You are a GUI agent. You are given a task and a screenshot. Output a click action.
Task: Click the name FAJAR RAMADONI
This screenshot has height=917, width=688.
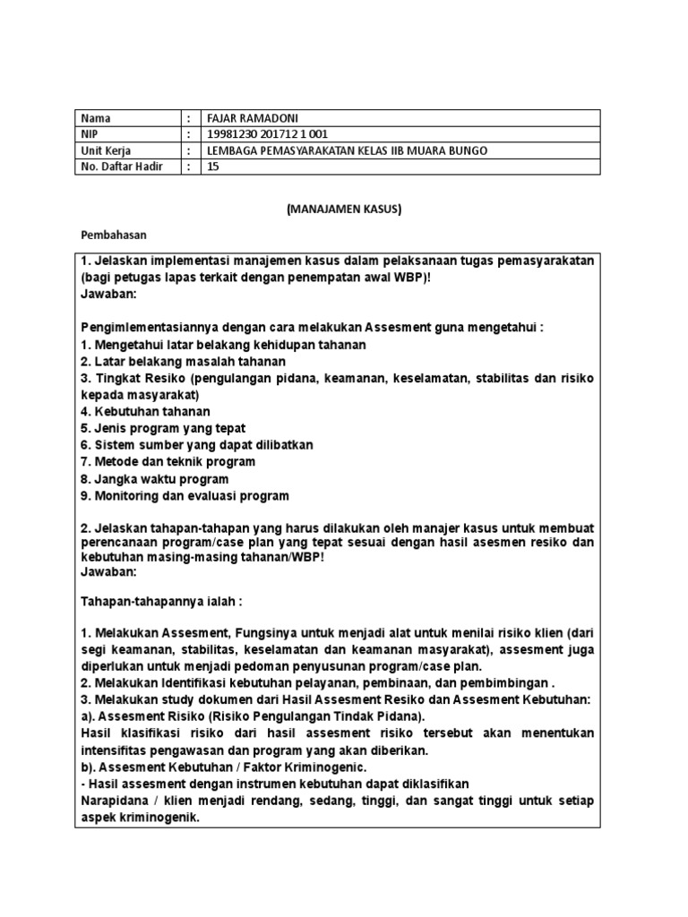click(x=252, y=118)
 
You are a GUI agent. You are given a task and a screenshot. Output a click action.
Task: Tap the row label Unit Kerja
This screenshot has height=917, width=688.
click(x=106, y=150)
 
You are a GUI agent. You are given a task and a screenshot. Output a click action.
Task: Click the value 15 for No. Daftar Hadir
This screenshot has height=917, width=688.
click(x=213, y=167)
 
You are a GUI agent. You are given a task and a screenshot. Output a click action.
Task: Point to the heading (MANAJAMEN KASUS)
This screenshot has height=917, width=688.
click(x=344, y=209)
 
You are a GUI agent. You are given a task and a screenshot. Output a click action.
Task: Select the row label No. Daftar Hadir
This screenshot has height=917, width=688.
click(x=122, y=167)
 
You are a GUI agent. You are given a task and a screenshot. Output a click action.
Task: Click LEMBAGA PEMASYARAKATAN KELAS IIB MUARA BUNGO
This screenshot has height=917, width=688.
click(x=348, y=150)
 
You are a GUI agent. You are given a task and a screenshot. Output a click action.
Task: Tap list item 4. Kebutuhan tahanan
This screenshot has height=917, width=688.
click(x=146, y=411)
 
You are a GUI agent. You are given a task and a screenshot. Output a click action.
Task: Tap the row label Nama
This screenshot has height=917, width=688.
click(x=94, y=118)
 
